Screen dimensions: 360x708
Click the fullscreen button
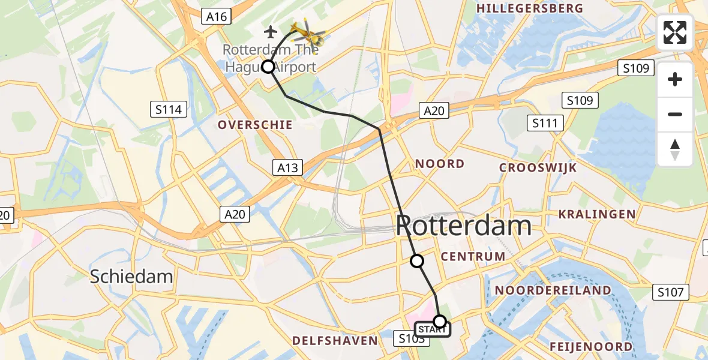point(675,32)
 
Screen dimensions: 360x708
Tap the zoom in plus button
point(675,79)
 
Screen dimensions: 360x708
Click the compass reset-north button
point(675,149)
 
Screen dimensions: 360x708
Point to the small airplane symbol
point(271,31)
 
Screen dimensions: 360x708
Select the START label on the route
point(430,329)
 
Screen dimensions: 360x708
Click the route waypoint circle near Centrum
point(416,260)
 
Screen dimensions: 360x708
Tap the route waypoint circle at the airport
point(268,67)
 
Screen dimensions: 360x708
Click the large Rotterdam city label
point(463,226)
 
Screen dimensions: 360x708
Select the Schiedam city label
point(131,277)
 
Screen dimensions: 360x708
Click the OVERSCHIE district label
point(256,125)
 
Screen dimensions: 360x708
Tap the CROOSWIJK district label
point(539,167)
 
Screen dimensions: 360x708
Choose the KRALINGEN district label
point(596,214)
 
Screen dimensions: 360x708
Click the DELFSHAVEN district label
point(335,341)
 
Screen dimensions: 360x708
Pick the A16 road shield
point(216,17)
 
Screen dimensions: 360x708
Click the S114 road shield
point(168,109)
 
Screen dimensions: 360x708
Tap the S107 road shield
point(670,292)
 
